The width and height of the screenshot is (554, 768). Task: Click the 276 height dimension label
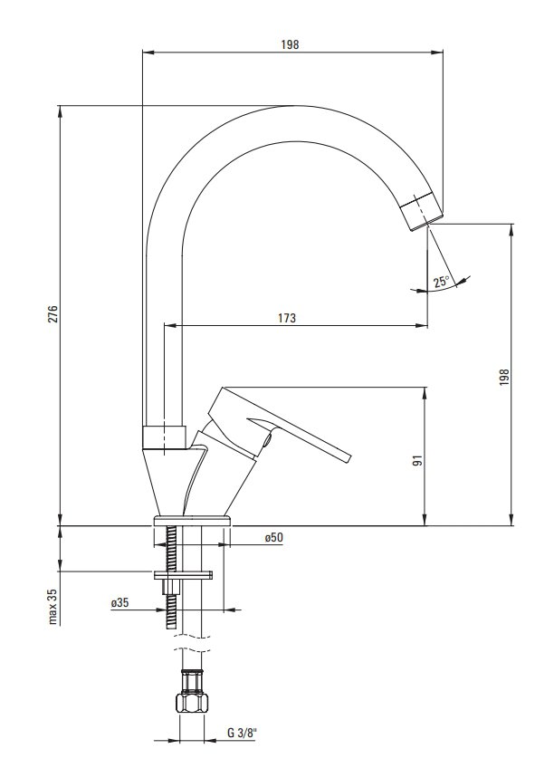click(53, 314)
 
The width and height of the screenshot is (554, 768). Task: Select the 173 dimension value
click(287, 318)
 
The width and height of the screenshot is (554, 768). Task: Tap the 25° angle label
click(441, 282)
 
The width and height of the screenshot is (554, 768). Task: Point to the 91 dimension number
click(416, 460)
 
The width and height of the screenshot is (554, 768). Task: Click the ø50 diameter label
click(273, 537)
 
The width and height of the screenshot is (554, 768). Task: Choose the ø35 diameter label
click(119, 602)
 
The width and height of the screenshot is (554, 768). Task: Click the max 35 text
click(53, 607)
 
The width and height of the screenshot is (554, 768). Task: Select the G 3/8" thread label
click(242, 733)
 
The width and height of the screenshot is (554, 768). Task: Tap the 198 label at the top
click(290, 44)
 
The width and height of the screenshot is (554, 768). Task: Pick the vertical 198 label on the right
click(504, 377)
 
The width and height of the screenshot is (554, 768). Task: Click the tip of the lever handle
click(349, 457)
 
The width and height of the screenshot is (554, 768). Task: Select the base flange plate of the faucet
click(192, 520)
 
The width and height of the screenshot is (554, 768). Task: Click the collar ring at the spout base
click(165, 437)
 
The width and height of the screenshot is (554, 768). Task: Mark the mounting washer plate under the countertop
click(183, 574)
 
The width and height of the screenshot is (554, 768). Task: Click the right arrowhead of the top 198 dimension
click(437, 51)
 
